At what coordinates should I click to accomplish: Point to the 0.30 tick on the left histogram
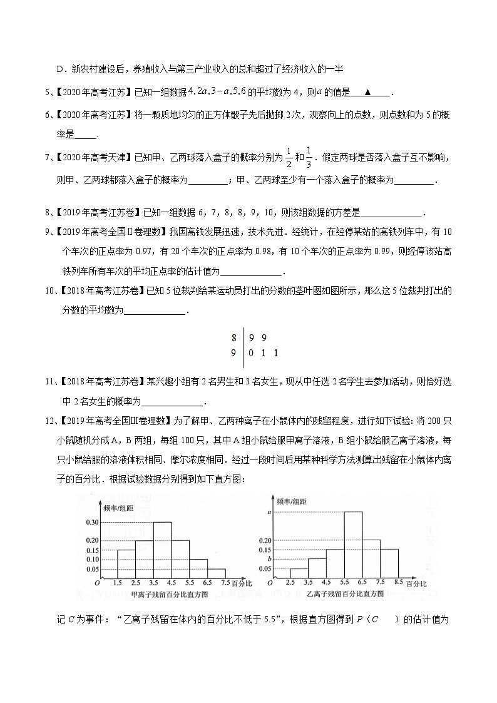[92, 522]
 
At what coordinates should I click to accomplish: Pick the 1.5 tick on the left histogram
[117, 583]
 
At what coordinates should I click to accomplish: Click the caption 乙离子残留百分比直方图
[343, 593]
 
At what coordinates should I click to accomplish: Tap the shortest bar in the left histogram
[217, 573]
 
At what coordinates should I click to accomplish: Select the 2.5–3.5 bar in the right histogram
[299, 573]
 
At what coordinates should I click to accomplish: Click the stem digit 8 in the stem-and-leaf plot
[234, 338]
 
